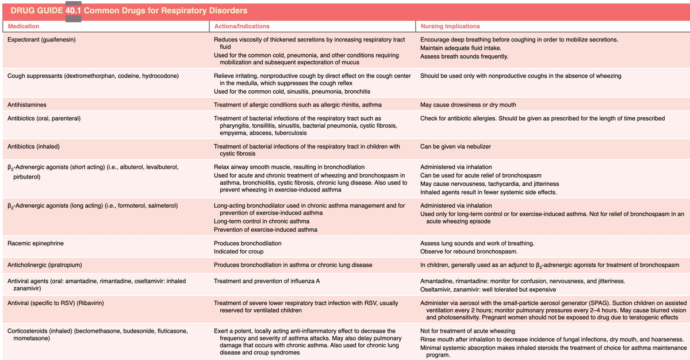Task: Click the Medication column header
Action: click(24, 26)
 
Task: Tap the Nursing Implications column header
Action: click(450, 26)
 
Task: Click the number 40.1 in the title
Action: click(73, 11)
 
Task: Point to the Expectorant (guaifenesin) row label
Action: click(42, 40)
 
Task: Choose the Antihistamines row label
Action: click(27, 105)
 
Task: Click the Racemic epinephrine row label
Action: click(36, 243)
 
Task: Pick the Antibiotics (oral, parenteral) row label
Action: click(44, 118)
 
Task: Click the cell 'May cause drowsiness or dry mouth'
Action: click(468, 105)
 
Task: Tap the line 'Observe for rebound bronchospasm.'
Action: click(469, 251)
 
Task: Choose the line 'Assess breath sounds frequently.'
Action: click(464, 56)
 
